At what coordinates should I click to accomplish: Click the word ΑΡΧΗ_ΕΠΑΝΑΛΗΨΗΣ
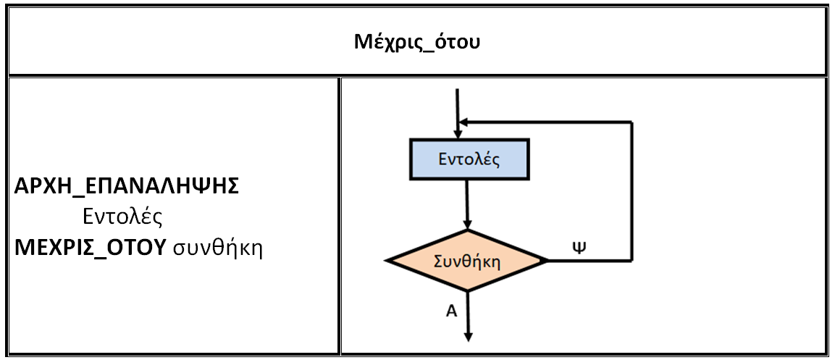coord(127,186)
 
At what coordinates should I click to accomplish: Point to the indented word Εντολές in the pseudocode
coord(121,217)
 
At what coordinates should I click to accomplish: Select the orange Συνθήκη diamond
coord(467,261)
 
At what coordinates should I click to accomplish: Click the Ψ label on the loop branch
coord(579,247)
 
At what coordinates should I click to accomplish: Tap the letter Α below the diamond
coord(450,311)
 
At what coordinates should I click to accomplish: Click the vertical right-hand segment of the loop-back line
coord(632,192)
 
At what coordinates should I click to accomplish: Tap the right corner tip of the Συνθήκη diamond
coord(548,261)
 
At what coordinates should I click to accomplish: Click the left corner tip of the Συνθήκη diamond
coord(387,261)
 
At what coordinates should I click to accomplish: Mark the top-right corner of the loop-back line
coord(632,122)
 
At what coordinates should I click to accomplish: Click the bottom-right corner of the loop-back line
coord(632,261)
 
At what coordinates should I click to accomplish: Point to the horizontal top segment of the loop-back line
coord(550,122)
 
